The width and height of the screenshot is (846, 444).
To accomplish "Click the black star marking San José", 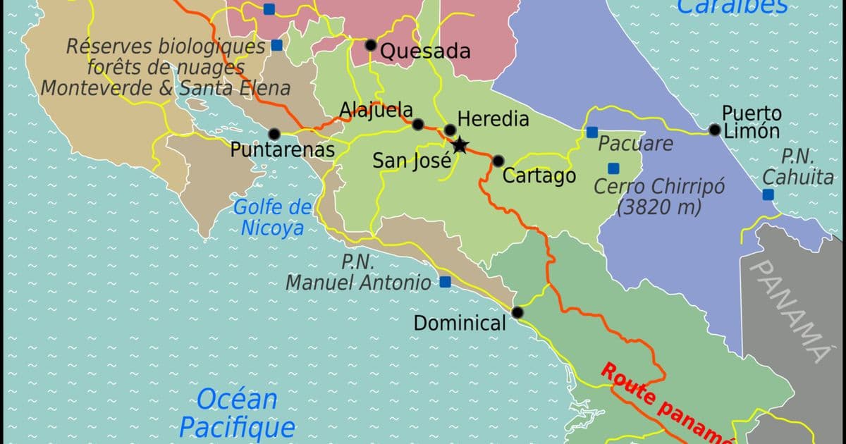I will point(460,145).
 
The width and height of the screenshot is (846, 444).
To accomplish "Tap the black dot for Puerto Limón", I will point(715,130).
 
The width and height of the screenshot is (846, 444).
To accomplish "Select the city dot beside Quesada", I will point(371,45).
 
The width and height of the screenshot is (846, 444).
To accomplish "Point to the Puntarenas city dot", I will point(274,133).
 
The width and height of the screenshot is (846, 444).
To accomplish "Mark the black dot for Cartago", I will point(498,161).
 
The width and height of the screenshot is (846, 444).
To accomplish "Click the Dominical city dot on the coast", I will point(518,312).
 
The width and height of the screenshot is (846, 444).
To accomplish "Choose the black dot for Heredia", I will point(450,130).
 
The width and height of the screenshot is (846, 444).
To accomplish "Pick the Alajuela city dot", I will point(418,125).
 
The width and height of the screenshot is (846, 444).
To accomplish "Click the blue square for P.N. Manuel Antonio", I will point(445,282).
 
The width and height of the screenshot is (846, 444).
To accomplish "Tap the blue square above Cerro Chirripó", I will point(613,168).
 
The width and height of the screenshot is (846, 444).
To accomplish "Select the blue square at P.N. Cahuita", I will point(768,195).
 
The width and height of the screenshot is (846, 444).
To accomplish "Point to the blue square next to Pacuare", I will point(592,132).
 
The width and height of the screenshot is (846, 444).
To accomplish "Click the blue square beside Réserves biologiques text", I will point(277,45).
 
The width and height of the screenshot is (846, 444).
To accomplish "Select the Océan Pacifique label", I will point(237,413).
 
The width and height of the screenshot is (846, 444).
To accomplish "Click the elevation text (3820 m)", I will point(659,208).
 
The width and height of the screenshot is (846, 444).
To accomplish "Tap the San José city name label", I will point(412,161).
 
